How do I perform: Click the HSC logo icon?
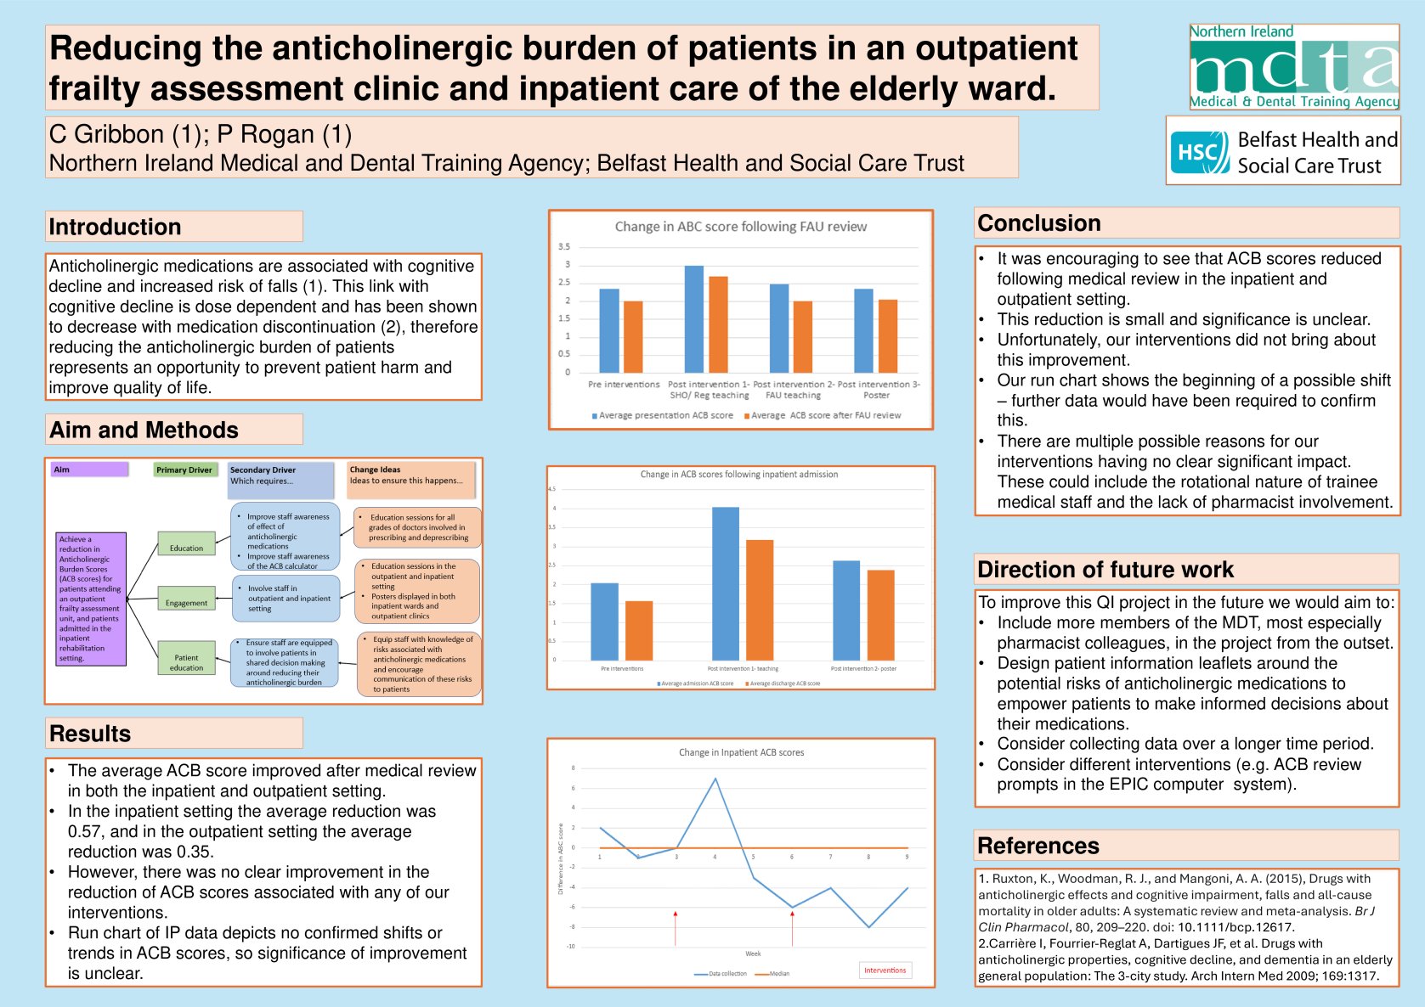[1199, 153]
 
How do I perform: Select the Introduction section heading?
[115, 227]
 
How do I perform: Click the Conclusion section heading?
[1038, 223]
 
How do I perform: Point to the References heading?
[1038, 846]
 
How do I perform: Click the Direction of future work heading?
[1105, 570]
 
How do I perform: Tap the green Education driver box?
[186, 544]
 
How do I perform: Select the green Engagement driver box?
[186, 599]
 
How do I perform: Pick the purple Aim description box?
[91, 599]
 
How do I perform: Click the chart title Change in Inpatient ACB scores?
[741, 752]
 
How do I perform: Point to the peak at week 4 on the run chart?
[715, 779]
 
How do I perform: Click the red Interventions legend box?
[885, 970]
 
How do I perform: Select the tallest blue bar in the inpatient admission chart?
[725, 583]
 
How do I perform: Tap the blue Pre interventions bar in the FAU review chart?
[609, 330]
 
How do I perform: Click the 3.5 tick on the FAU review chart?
[564, 247]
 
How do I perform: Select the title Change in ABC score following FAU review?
[740, 227]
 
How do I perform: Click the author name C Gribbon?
[106, 134]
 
